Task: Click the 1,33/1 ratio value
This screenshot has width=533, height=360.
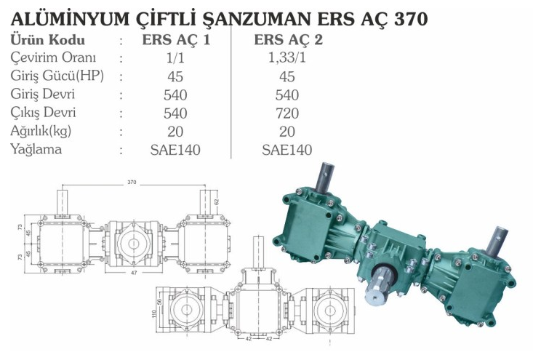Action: (287, 57)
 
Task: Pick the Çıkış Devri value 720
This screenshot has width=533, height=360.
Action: (287, 113)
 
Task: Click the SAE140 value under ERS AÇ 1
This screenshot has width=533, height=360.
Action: (175, 150)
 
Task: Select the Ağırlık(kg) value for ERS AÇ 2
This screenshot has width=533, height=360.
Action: (287, 132)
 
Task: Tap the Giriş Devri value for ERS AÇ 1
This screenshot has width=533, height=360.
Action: (175, 95)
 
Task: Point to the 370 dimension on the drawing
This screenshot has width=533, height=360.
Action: (132, 182)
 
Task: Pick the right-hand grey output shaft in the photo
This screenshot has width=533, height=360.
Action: (499, 239)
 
